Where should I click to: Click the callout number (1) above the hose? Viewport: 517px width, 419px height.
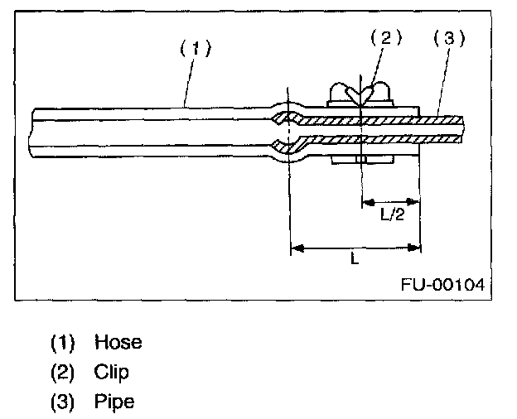pyautogui.click(x=196, y=47)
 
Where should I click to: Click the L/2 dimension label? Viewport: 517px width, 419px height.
pyautogui.click(x=391, y=214)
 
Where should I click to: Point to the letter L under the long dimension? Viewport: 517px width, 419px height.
pyautogui.click(x=354, y=259)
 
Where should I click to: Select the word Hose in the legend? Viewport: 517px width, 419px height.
pyautogui.click(x=118, y=342)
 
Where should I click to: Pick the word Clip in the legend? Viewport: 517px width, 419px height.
pyautogui.click(x=112, y=372)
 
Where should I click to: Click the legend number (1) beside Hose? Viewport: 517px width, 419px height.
pyautogui.click(x=63, y=342)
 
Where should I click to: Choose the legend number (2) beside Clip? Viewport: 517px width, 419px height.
pyautogui.click(x=63, y=372)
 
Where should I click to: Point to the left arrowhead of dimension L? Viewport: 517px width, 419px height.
pyautogui.click(x=296, y=246)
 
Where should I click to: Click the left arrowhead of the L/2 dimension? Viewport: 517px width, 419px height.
pyautogui.click(x=367, y=201)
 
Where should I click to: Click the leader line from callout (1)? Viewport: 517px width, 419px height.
pyautogui.click(x=189, y=83)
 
